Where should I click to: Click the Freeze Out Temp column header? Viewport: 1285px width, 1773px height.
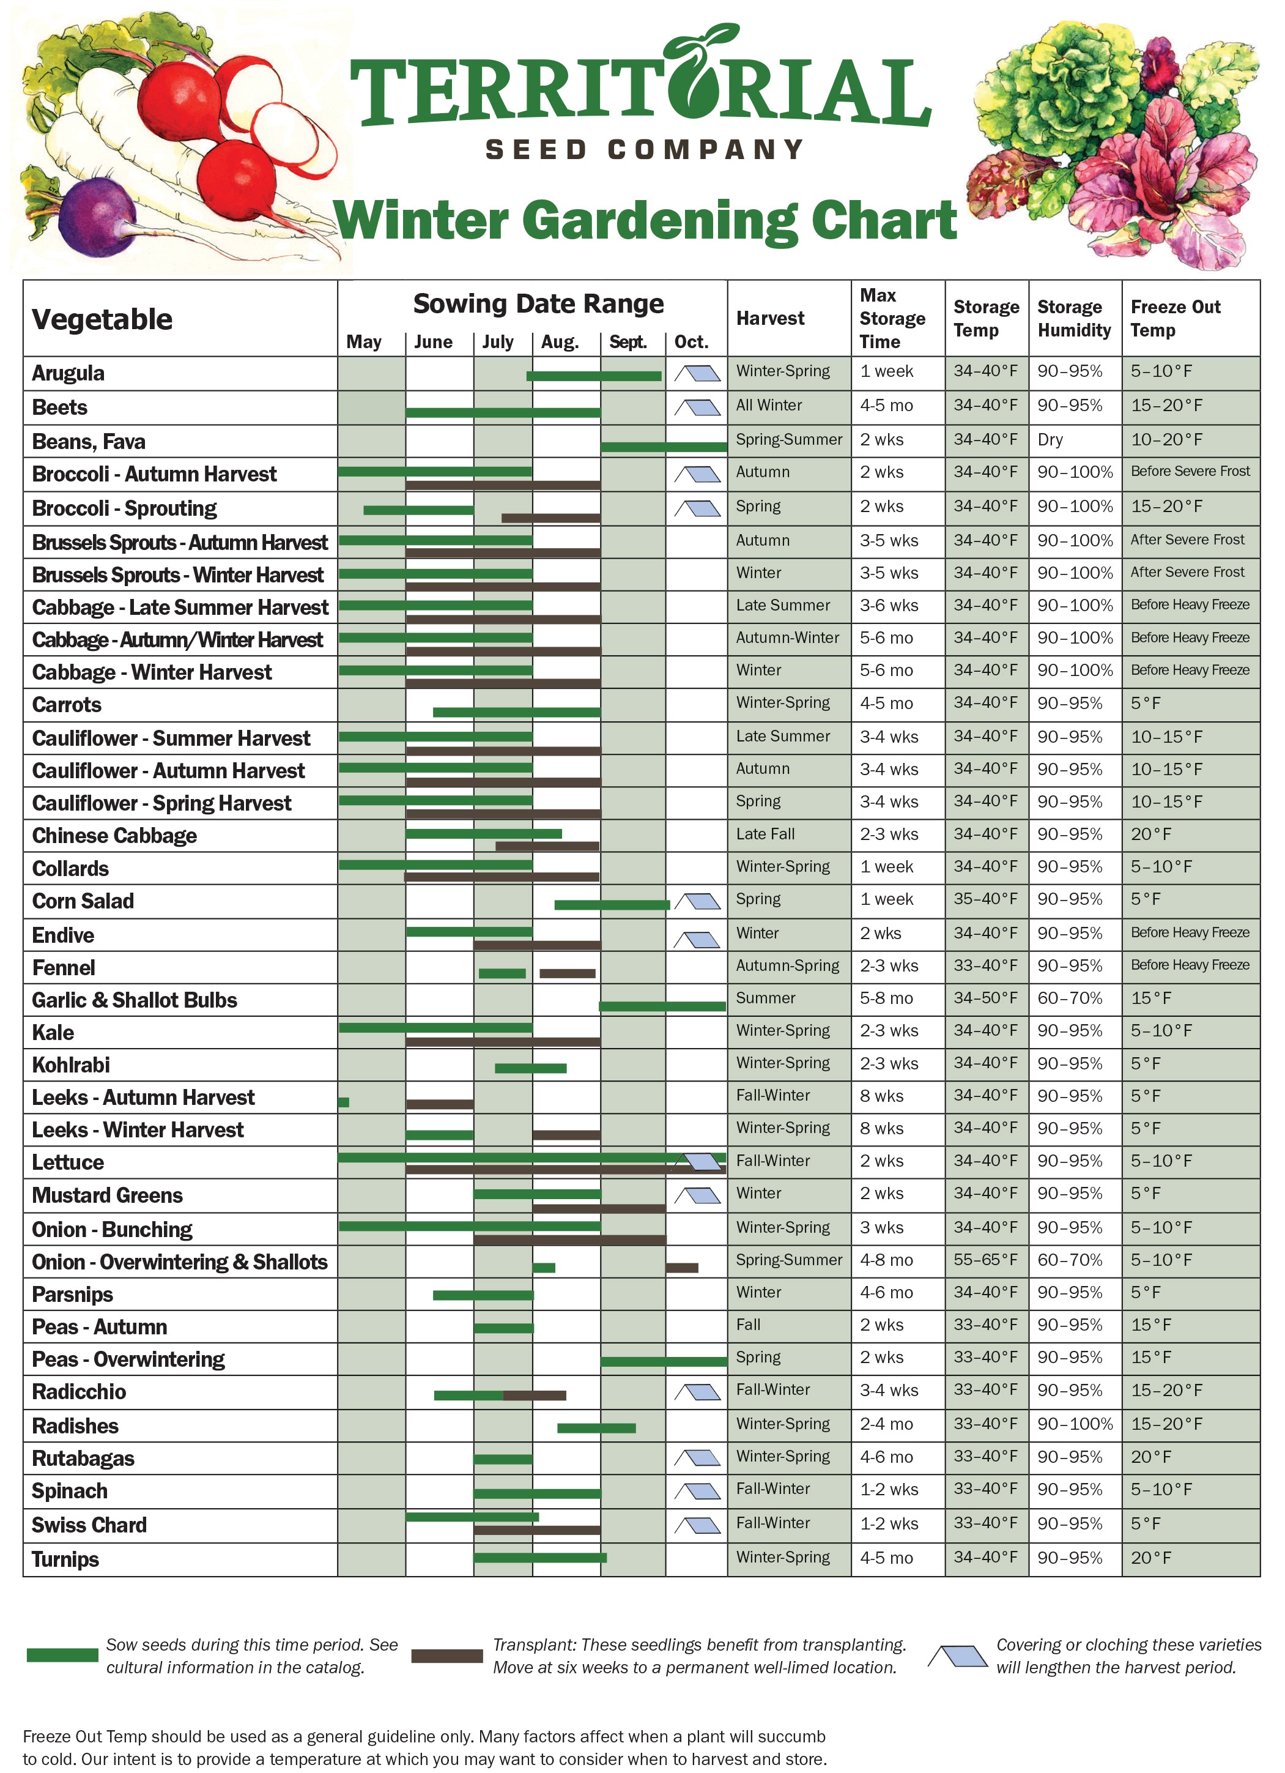coord(1175,318)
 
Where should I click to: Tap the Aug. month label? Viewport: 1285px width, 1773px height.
coord(560,343)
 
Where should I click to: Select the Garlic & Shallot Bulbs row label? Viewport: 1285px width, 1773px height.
coord(135,1001)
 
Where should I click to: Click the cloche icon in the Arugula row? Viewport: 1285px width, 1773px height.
coord(697,374)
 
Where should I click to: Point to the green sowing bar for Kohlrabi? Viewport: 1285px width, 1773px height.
coord(531,1069)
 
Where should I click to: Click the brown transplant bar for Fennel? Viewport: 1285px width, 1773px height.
coord(568,973)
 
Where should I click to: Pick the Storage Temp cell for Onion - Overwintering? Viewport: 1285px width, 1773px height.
coord(985,1260)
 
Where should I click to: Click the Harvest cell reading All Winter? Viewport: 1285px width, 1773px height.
coord(769,406)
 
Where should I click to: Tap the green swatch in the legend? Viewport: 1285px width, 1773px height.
coord(62,1655)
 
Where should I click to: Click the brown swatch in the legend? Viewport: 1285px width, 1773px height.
coord(447,1656)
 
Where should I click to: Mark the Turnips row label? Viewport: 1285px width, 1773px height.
coord(65,1559)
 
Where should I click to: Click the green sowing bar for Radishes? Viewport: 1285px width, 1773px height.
coord(596,1428)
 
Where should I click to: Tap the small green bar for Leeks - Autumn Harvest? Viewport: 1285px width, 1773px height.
coord(344,1102)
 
